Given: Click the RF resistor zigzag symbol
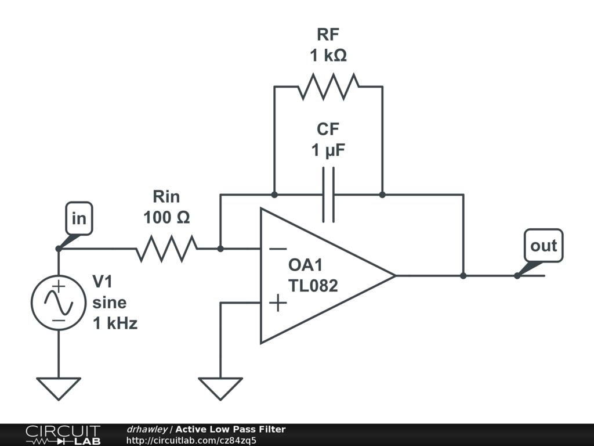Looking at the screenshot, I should (x=328, y=87).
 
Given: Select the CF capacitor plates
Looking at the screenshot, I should (x=328, y=195).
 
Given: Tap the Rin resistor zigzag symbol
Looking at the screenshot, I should (x=166, y=249).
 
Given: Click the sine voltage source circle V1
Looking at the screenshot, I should (x=59, y=303).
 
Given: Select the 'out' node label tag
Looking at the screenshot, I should (x=543, y=246).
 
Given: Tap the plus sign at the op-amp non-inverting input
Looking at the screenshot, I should (x=278, y=303).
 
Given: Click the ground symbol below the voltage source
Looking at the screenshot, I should (x=59, y=387).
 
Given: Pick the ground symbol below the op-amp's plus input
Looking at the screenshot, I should (x=220, y=387).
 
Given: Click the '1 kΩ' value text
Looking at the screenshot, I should (x=328, y=56).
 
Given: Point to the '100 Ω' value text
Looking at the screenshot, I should (x=166, y=217).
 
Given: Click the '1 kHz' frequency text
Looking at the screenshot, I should (x=115, y=323).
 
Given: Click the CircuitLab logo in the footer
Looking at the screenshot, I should (x=63, y=435).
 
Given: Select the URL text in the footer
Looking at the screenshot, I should (x=191, y=440).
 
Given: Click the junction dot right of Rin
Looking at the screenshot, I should (x=220, y=249).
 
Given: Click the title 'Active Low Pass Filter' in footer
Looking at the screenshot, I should (x=230, y=429).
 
